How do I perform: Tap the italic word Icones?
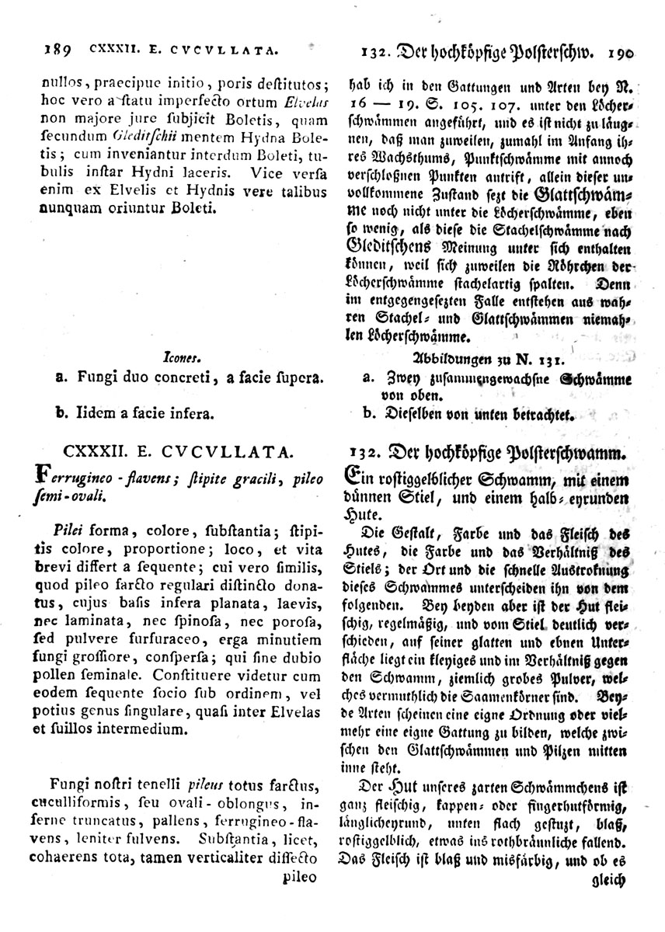[184, 358]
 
